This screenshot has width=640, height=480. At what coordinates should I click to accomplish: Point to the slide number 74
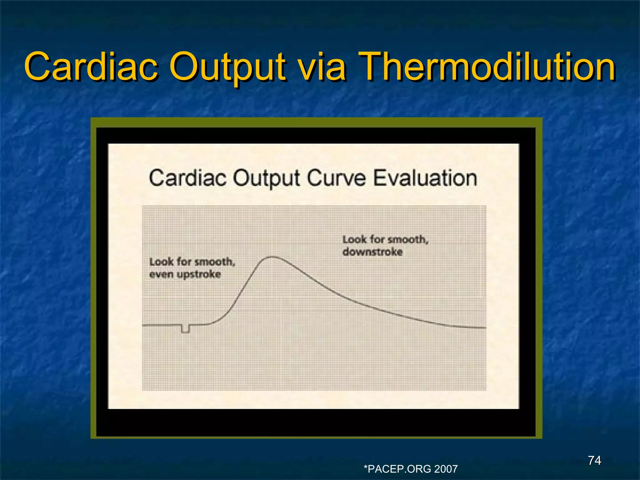tap(594, 460)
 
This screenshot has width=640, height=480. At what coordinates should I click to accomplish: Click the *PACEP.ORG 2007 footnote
tap(411, 469)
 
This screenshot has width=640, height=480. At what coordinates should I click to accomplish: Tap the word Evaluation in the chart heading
tap(425, 178)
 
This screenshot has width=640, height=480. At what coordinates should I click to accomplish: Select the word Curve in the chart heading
tap(336, 178)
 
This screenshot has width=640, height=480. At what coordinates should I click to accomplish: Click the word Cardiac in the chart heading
tap(187, 178)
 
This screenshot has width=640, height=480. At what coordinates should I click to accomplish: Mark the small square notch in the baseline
tap(185, 329)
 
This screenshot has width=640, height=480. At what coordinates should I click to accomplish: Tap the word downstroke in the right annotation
tap(372, 252)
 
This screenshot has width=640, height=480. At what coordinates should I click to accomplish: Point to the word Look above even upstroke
tap(161, 262)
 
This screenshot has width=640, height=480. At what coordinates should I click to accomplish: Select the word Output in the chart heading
tap(266, 178)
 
